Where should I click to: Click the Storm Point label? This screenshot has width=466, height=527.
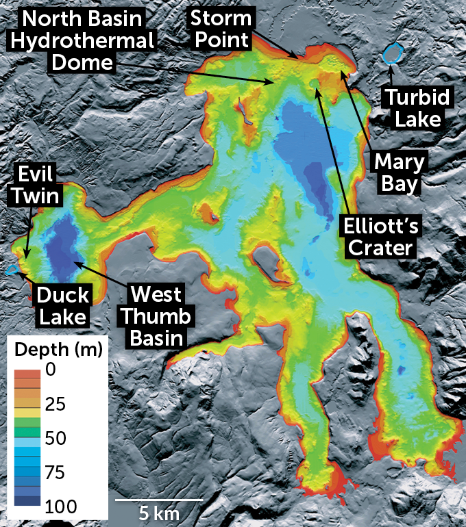point(221,28)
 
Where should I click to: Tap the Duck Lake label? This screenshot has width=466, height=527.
point(63,306)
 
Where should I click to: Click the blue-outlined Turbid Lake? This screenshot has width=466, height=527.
point(392,53)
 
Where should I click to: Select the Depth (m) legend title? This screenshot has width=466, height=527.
point(58,350)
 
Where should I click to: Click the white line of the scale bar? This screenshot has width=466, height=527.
point(158,500)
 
